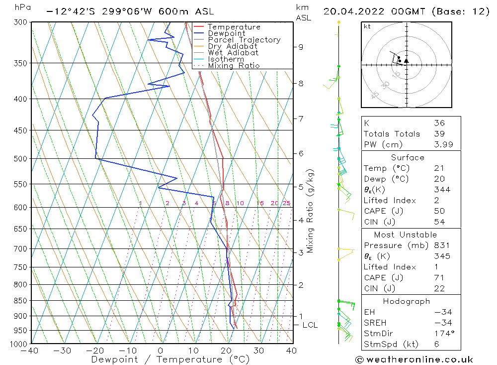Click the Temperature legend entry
(x=234, y=27)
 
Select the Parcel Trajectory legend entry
(x=244, y=40)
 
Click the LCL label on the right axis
(x=310, y=325)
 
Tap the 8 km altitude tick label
(x=301, y=84)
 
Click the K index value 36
(x=439, y=123)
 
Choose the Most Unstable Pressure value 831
(x=442, y=245)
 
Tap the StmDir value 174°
(x=442, y=334)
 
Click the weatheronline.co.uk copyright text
(x=414, y=360)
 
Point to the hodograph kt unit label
(x=367, y=26)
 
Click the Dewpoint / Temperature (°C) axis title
(x=170, y=360)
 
